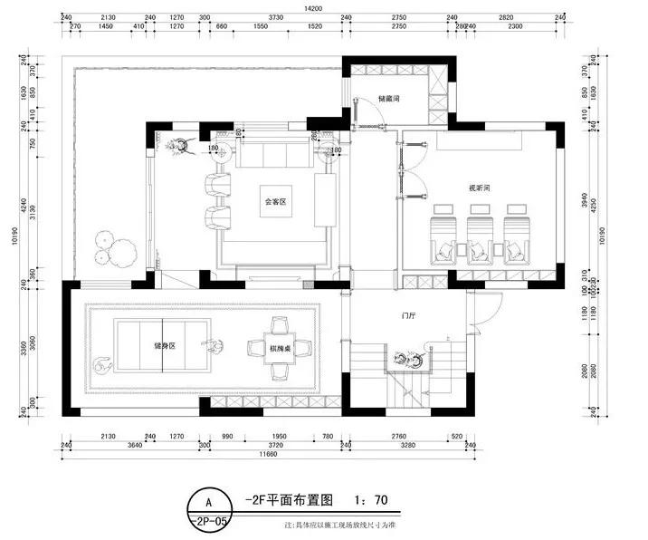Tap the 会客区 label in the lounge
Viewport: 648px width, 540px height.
click(x=274, y=202)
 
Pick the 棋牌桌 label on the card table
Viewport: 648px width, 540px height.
click(x=278, y=347)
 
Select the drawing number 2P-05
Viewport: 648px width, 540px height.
click(x=210, y=522)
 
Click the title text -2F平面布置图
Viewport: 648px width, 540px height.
click(x=289, y=499)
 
